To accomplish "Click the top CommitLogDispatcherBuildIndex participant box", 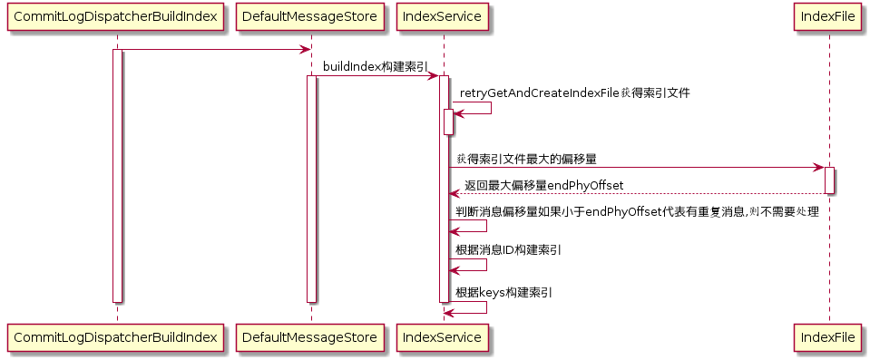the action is pyautogui.click(x=115, y=16).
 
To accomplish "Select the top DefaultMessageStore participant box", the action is pyautogui.click(x=310, y=16).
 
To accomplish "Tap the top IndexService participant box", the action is pyautogui.click(x=442, y=16).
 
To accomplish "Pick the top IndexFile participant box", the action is pyautogui.click(x=829, y=16).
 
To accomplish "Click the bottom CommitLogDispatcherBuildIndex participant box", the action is pyautogui.click(x=115, y=336).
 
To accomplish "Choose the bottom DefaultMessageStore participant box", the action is pyautogui.click(x=310, y=336).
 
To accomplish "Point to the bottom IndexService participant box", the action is pyautogui.click(x=442, y=336).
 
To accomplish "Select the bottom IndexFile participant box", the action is pyautogui.click(x=829, y=336).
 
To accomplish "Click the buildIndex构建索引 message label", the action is pyautogui.click(x=375, y=66).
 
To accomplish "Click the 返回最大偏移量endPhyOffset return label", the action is pyautogui.click(x=543, y=185).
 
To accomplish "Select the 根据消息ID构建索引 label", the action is pyautogui.click(x=508, y=250).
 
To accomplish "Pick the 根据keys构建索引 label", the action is pyautogui.click(x=503, y=293).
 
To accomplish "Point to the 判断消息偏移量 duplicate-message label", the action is pyautogui.click(x=637, y=212).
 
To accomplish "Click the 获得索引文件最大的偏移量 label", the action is pyautogui.click(x=526, y=160).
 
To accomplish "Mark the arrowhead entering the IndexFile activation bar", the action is pyautogui.click(x=818, y=168).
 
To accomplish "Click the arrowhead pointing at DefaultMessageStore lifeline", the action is pyautogui.click(x=304, y=50).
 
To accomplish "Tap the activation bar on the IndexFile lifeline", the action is pyautogui.click(x=829, y=180).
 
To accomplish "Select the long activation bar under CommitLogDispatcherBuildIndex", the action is pyautogui.click(x=117, y=176).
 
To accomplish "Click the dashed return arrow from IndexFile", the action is pyautogui.click(x=637, y=194).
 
